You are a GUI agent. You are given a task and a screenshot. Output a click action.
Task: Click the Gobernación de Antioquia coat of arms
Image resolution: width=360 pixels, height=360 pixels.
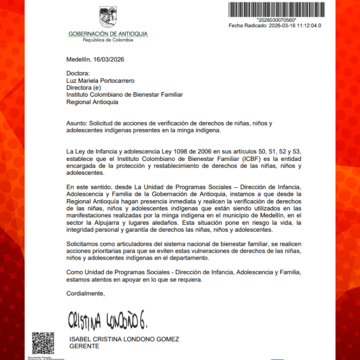click(108, 17)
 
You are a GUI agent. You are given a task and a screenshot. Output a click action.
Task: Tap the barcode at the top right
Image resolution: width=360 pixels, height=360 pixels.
click(276, 9)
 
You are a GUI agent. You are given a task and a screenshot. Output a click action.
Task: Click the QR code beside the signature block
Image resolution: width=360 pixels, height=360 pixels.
click(43, 343)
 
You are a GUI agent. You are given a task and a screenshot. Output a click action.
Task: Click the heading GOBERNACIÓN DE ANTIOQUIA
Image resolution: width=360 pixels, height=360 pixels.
click(108, 34)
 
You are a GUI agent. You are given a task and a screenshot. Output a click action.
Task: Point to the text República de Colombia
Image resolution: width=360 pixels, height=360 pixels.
click(108, 40)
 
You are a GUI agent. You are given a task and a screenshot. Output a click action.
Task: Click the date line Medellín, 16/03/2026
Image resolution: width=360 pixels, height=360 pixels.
click(95, 59)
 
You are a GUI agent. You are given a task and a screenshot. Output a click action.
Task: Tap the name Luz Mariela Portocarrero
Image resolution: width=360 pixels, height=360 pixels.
click(101, 81)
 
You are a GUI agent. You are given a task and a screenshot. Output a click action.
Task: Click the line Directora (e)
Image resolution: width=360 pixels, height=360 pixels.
click(84, 88)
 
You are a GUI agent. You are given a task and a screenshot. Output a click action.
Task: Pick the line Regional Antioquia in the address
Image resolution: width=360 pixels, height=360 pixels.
click(92, 102)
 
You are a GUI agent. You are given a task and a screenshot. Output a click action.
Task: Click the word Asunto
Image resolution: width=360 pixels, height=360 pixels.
click(76, 124)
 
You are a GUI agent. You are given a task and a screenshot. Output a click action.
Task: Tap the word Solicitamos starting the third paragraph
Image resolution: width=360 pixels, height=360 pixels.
click(83, 244)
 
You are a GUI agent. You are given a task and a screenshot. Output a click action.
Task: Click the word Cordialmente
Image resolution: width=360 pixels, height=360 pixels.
click(86, 293)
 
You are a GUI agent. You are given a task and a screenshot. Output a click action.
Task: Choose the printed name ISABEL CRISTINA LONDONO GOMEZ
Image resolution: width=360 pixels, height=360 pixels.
click(125, 339)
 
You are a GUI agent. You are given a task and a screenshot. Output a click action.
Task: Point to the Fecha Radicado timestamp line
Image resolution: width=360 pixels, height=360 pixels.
click(275, 26)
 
